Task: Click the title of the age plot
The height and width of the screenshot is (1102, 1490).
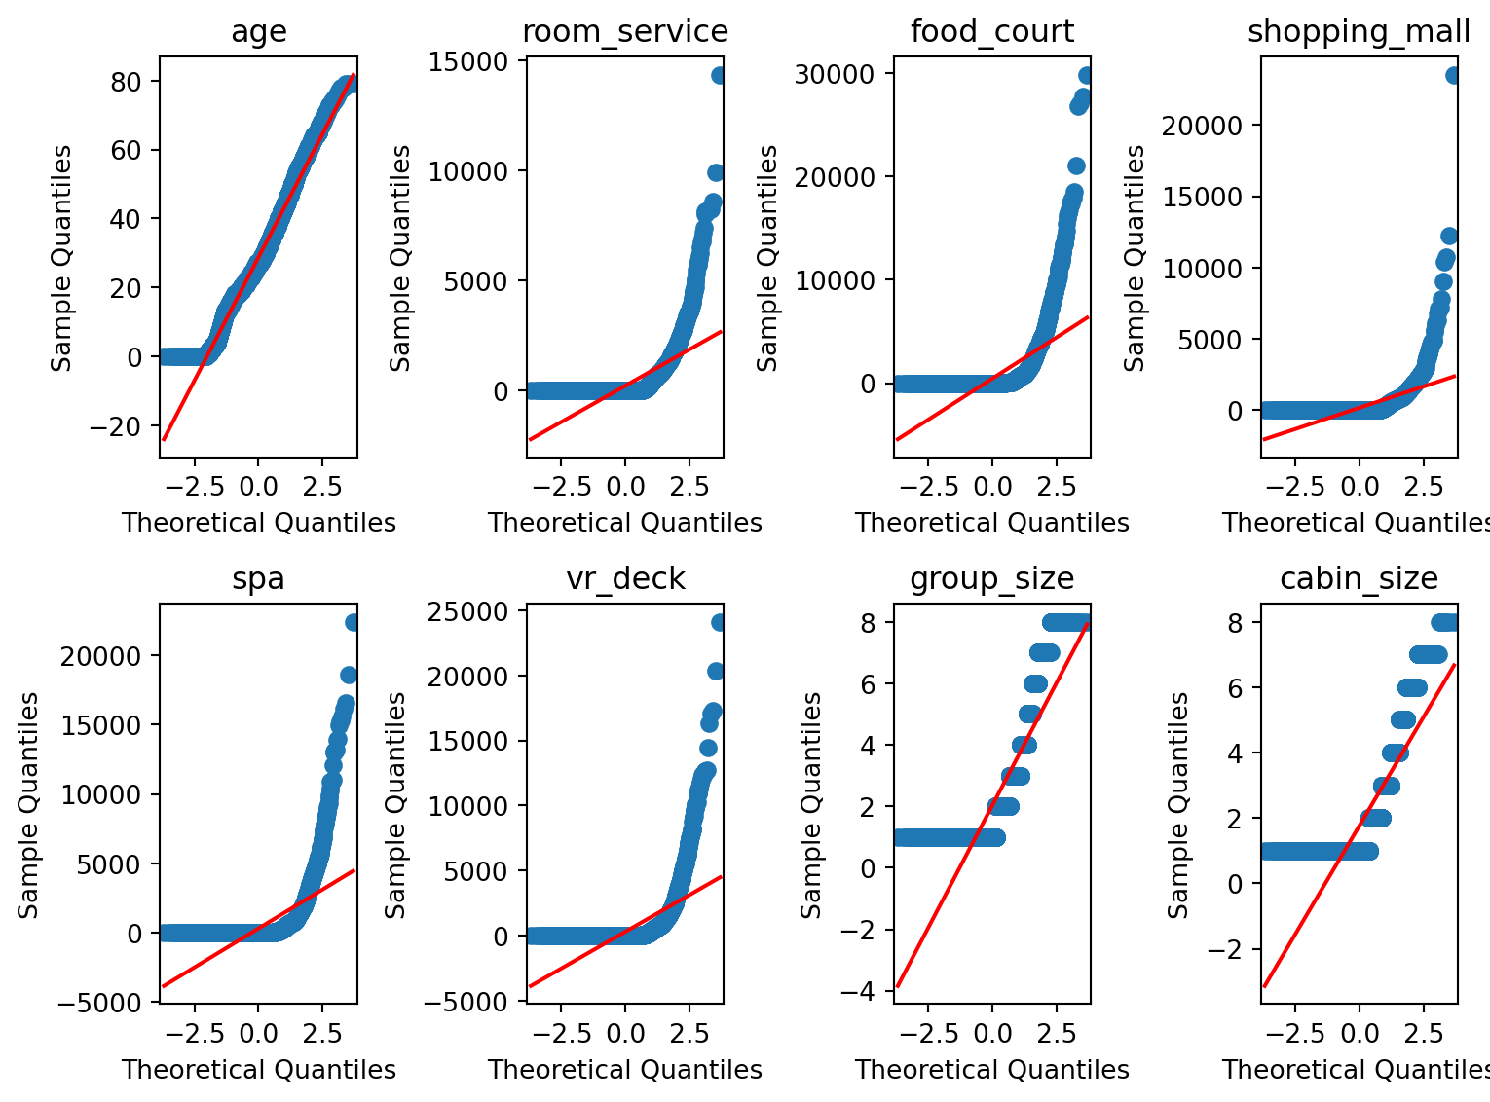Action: coord(258,32)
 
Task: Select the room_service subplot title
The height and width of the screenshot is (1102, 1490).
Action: coord(625,32)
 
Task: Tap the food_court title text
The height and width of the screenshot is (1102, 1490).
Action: coord(991,32)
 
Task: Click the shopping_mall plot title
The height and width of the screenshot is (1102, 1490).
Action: coord(1359,32)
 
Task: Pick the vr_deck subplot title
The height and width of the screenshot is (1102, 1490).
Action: coord(625,579)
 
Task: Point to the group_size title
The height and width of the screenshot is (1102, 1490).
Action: coord(991,579)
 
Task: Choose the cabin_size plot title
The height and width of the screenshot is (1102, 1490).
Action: coord(1359,579)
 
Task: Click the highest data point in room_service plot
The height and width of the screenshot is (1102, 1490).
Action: coord(719,75)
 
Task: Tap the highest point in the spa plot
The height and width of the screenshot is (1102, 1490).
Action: coord(352,622)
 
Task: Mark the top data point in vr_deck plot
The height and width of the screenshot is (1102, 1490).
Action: coord(719,622)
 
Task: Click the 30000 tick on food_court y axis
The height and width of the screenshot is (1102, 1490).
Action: coord(834,75)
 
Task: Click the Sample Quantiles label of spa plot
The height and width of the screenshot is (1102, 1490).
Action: coord(29,804)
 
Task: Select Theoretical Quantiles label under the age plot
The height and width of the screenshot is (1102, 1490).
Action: coord(258,523)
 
